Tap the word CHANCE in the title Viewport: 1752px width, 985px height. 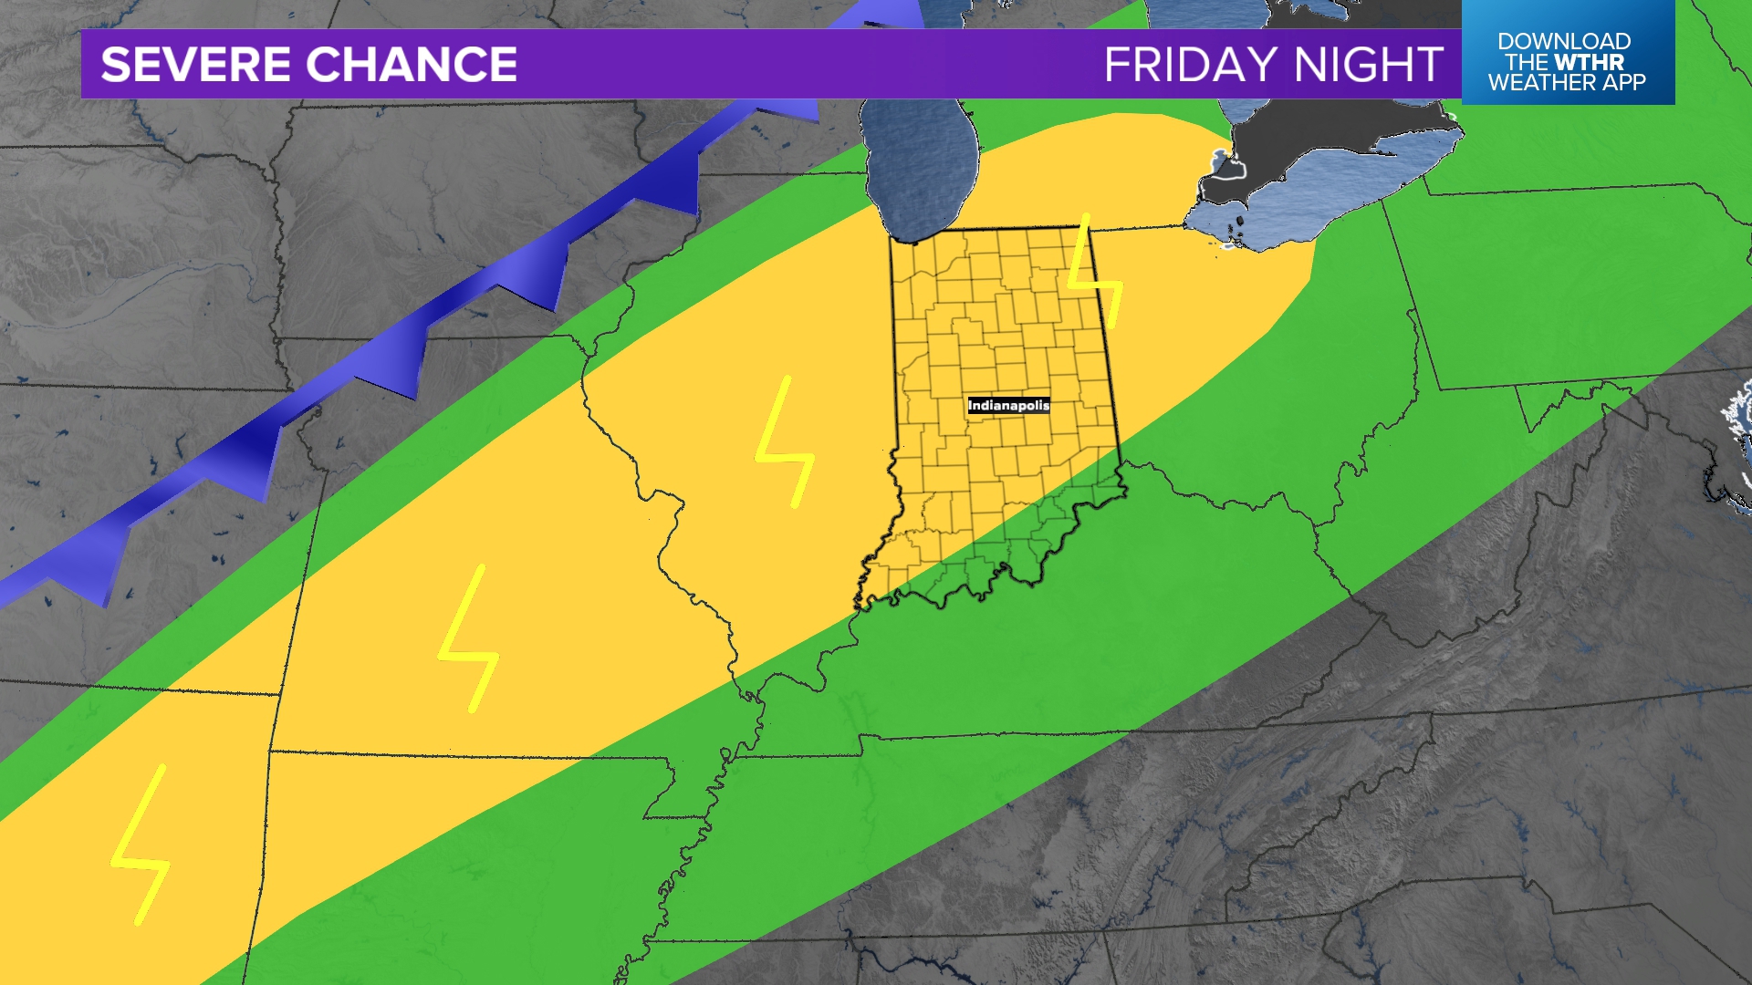coord(412,65)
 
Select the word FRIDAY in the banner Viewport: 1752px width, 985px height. coord(1190,65)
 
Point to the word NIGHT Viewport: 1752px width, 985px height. coord(1368,65)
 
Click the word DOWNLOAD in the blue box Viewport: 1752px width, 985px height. coord(1563,41)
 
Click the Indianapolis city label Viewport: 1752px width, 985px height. coord(1008,405)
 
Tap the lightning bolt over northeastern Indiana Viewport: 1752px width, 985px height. coord(1095,274)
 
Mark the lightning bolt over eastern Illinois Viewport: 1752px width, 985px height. coord(785,442)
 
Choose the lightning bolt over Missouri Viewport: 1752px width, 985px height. coord(469,638)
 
